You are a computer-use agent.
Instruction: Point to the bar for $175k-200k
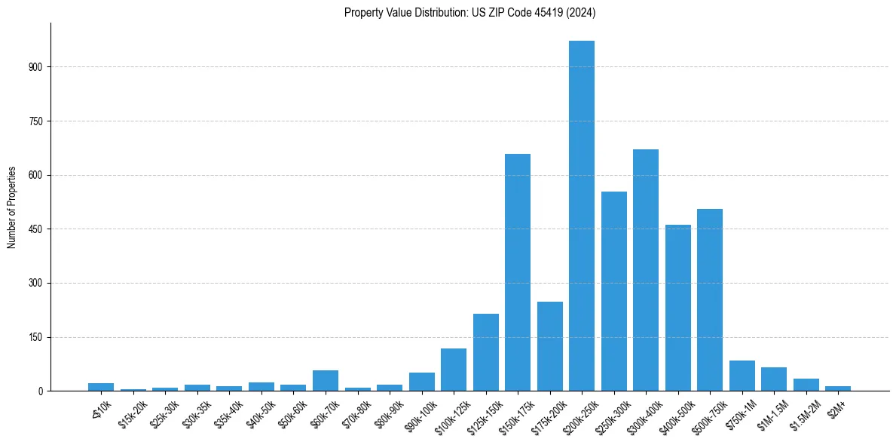(x=550, y=346)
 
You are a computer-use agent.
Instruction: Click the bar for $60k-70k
(x=326, y=381)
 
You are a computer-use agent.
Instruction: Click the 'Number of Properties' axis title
(x=12, y=207)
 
